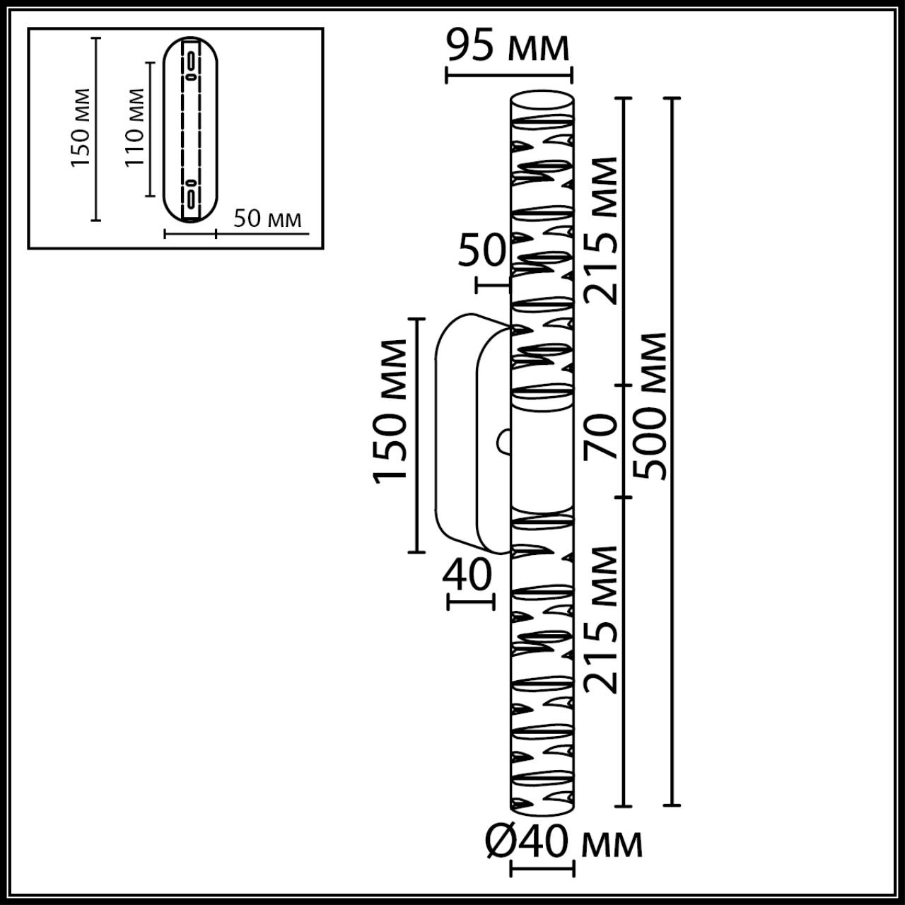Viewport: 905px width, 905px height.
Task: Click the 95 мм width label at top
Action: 508,47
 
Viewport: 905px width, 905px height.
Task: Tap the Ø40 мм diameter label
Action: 564,843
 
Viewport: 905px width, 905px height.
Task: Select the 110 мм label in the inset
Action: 134,127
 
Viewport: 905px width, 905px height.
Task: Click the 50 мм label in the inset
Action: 267,218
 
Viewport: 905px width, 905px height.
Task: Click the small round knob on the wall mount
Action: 503,441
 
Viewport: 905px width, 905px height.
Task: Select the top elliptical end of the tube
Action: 542,98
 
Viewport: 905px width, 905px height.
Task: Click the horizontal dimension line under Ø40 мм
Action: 542,868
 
